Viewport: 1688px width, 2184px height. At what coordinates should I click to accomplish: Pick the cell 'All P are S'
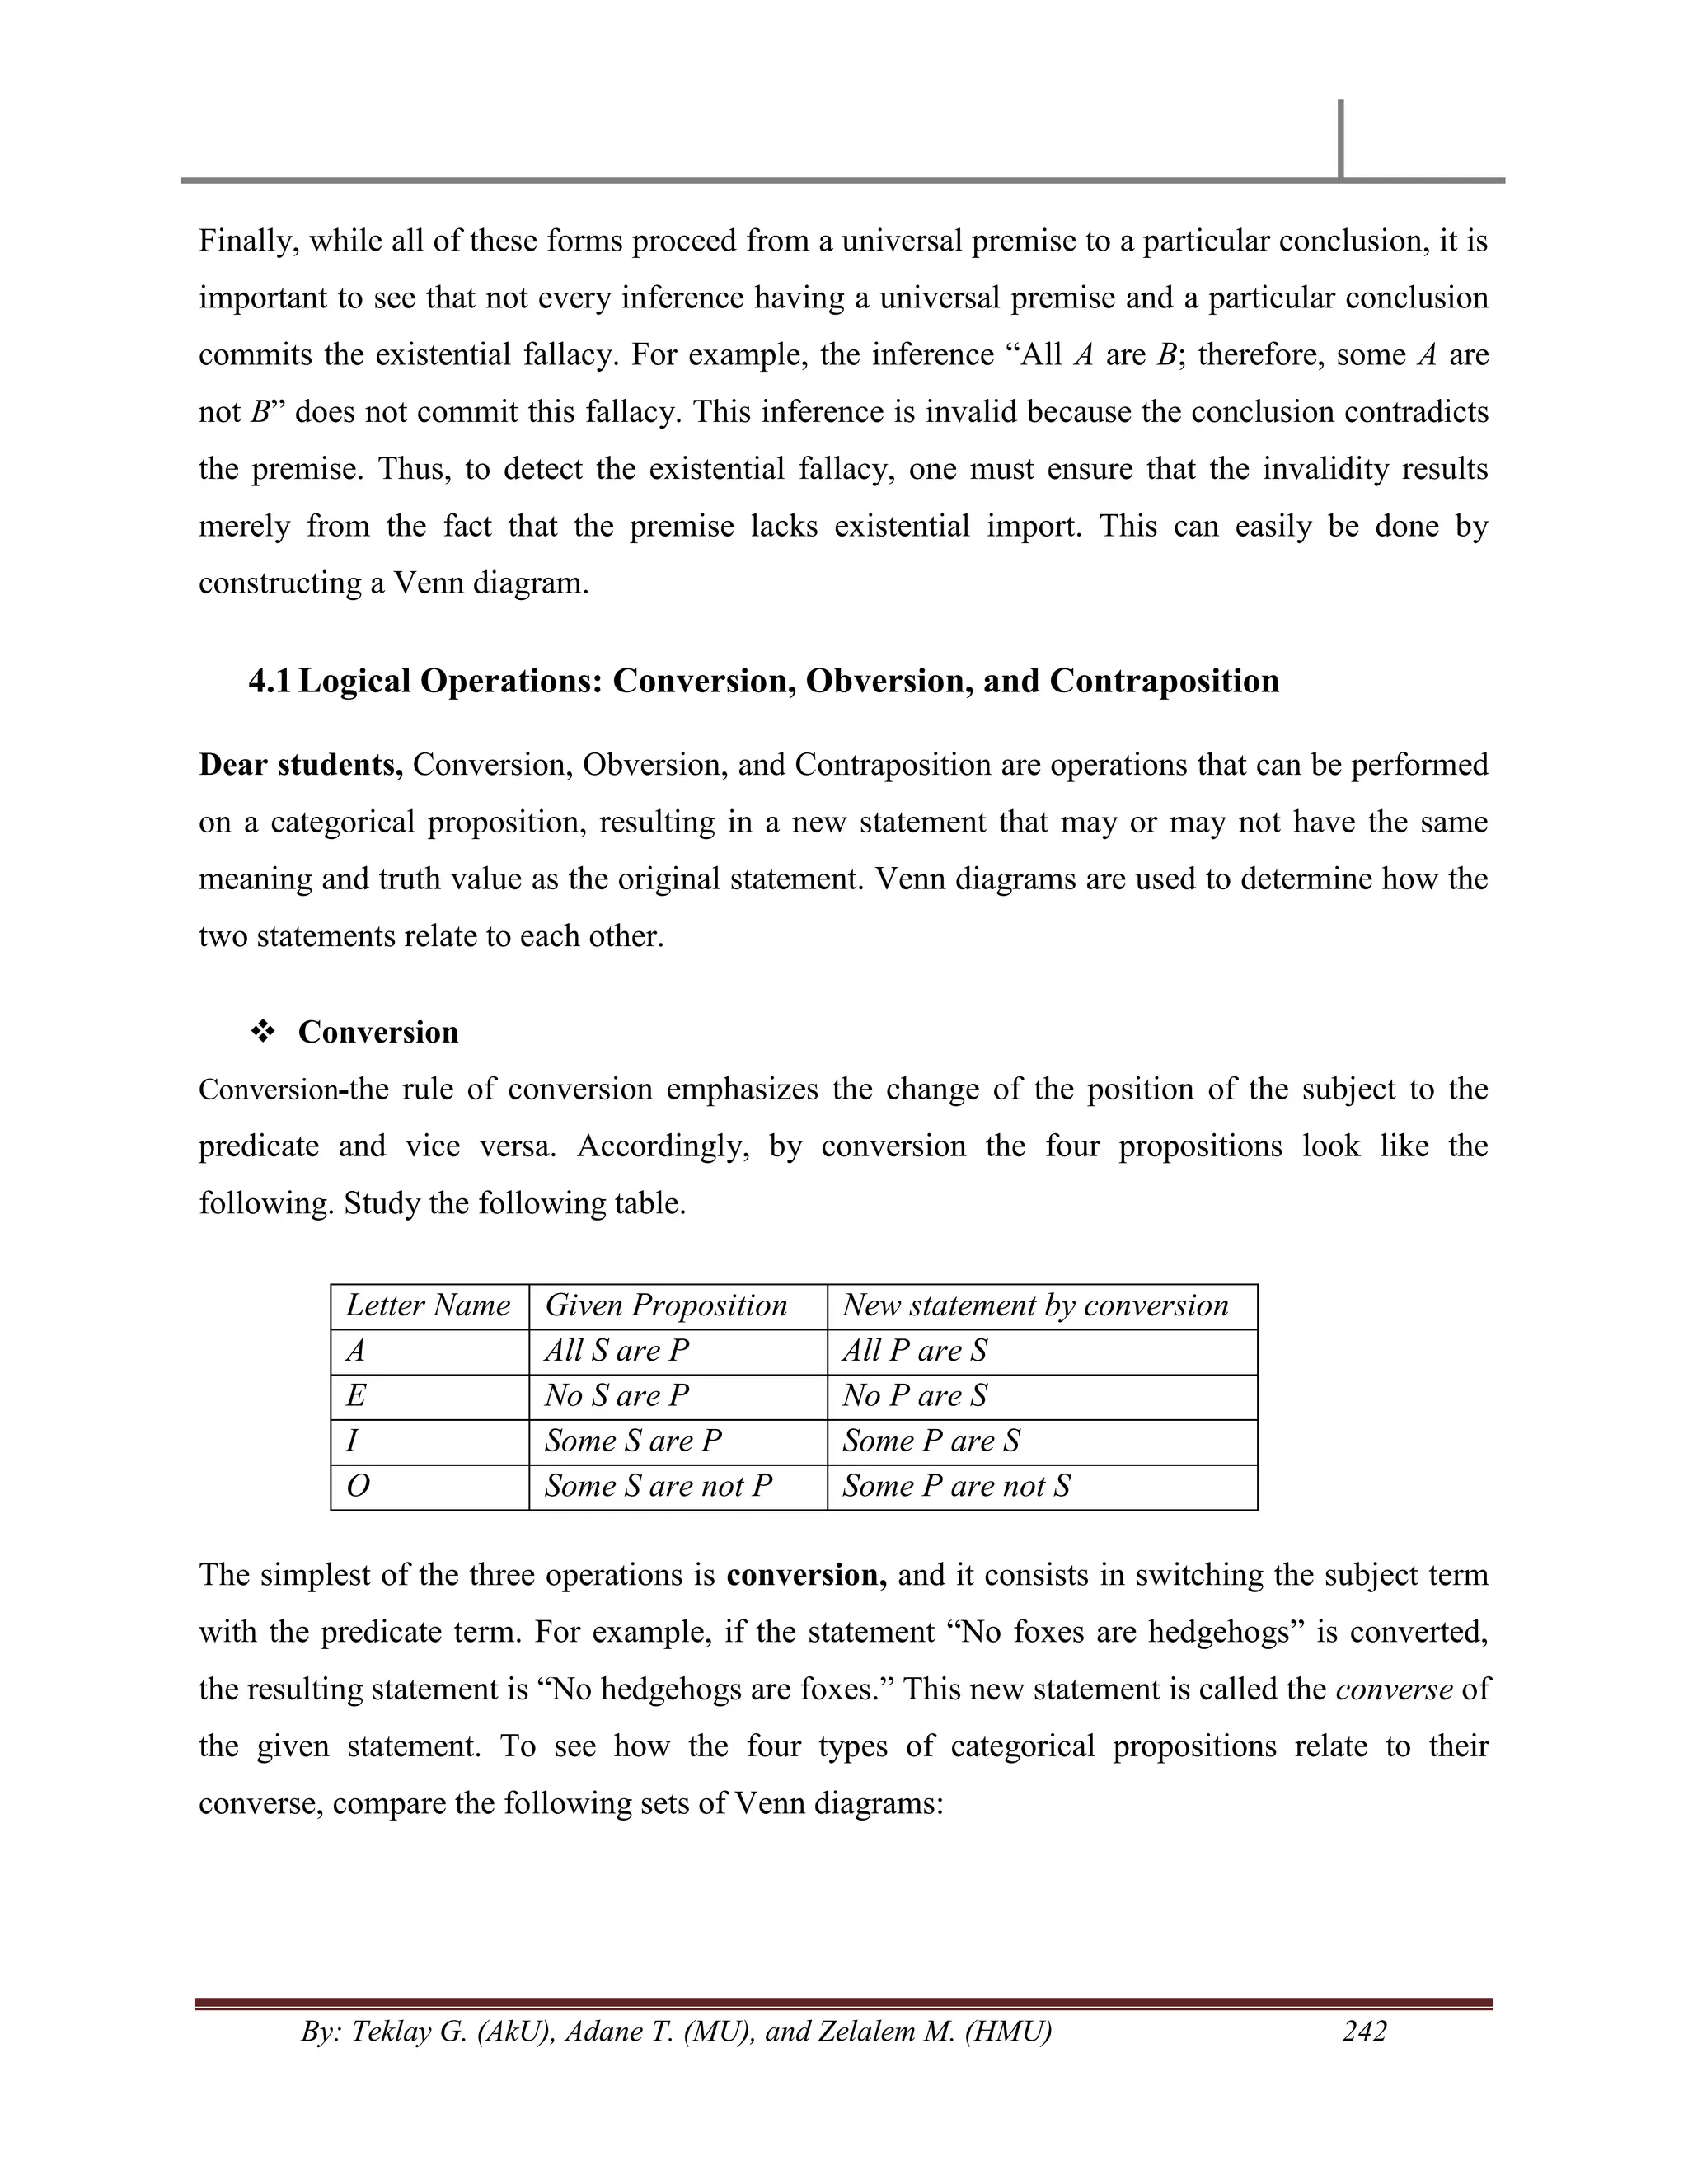pos(914,1351)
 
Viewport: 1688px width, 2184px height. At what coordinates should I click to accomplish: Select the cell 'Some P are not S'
pos(955,1486)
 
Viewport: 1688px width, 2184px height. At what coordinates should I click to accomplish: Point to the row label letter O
pos(357,1487)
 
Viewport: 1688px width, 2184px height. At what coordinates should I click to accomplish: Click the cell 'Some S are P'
pos(632,1441)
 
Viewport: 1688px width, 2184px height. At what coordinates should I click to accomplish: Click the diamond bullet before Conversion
pos(263,1032)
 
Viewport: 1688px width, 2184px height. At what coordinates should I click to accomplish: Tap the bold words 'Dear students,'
pos(300,765)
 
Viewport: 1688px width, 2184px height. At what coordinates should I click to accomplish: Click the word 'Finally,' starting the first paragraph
pos(249,241)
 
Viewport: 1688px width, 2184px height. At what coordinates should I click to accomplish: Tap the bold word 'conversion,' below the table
pos(806,1575)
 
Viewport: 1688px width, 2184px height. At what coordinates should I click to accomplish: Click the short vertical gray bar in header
pos(1340,138)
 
